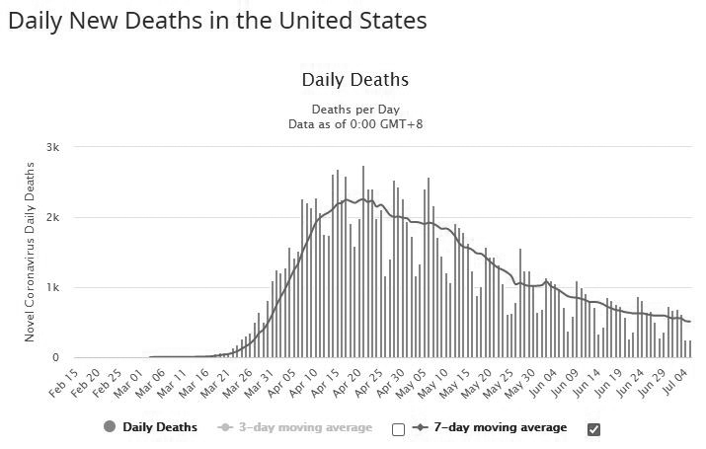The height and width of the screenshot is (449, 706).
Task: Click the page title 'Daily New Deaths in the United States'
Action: point(217,21)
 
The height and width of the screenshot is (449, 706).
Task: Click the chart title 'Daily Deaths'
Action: point(353,80)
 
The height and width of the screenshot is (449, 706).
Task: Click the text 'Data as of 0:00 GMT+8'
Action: point(353,124)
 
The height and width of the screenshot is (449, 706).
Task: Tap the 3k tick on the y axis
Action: point(54,147)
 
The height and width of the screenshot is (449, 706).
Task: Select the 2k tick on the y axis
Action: point(54,217)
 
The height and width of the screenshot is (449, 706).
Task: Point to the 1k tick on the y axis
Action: point(54,287)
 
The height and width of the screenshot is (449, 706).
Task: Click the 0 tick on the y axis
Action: point(57,358)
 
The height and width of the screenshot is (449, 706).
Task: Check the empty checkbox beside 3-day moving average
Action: point(398,429)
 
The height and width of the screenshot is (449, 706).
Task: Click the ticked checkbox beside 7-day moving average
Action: point(593,429)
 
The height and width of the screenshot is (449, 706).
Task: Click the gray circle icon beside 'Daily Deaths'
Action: point(111,427)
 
